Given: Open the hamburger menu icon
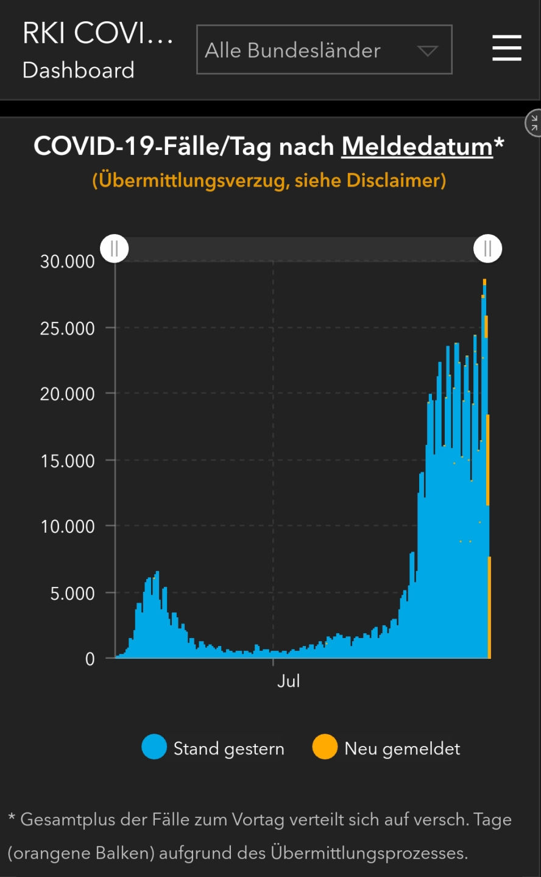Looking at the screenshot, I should tap(506, 48).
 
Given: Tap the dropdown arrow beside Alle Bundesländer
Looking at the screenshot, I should tap(428, 51).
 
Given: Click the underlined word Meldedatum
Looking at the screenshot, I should tap(417, 147).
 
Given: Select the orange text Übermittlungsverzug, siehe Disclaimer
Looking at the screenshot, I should tap(269, 180).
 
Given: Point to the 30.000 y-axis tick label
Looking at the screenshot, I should tap(68, 261).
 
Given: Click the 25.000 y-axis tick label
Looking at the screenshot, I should tap(68, 328).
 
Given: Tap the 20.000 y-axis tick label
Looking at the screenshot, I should tap(68, 394).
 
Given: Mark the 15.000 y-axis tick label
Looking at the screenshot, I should tap(68, 461).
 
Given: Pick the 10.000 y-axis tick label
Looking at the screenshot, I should tap(68, 527).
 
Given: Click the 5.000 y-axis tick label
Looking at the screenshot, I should tap(72, 593).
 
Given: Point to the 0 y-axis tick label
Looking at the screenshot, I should tap(90, 659).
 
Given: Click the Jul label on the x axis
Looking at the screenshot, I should tap(288, 681).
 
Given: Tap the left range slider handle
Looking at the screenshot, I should tap(115, 249).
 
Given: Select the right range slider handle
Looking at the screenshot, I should tap(487, 249).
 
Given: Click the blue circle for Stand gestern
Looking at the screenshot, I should tap(154, 747).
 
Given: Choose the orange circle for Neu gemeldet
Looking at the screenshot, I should tap(325, 747).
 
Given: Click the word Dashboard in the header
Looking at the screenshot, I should tap(79, 70).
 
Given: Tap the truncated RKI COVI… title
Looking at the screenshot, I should tap(97, 34).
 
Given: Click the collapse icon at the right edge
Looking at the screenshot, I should tap(533, 123).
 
